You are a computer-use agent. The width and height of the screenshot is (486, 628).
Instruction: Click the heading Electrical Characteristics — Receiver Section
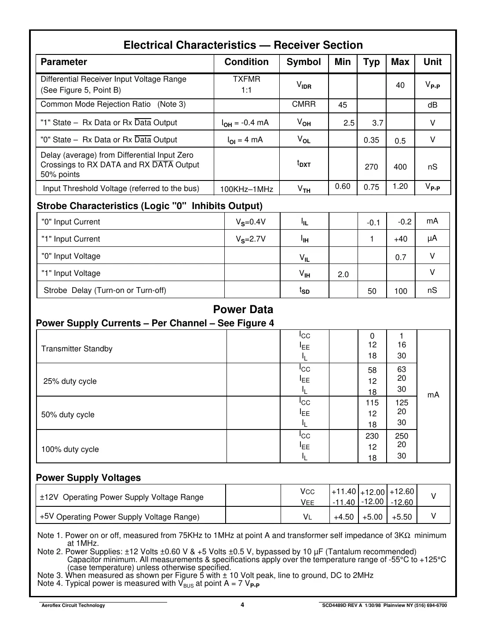[243, 45]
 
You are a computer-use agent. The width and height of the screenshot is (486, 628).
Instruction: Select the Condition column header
[246, 62]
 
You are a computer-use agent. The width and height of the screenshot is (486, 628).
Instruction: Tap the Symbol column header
[303, 62]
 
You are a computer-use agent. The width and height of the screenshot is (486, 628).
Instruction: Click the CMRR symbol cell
[303, 105]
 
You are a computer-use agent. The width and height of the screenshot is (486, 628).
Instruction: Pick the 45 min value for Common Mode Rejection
[343, 105]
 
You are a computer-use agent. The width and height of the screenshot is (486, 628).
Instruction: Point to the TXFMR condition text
[246, 79]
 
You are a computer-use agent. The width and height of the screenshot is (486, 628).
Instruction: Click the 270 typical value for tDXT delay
[371, 167]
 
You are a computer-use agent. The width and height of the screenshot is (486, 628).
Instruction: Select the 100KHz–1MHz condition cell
[246, 189]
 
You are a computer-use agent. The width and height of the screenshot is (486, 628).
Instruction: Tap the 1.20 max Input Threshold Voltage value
[400, 187]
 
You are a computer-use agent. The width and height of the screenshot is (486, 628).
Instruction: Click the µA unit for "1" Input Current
[432, 238]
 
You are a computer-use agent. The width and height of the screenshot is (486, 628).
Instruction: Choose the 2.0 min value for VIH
[343, 274]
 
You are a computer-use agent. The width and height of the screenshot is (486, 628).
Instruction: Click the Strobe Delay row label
[105, 290]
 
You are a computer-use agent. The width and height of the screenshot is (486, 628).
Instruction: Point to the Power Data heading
[243, 310]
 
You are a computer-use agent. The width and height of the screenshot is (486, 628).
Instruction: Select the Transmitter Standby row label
[77, 349]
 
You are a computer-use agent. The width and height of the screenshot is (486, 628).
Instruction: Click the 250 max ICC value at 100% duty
[401, 436]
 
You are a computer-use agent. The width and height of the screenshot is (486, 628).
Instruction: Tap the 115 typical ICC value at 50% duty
[372, 403]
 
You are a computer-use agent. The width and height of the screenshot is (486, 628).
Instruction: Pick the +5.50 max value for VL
[402, 517]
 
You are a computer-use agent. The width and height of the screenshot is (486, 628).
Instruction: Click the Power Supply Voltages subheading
[88, 478]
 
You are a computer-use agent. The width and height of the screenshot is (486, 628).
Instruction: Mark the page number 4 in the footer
[242, 605]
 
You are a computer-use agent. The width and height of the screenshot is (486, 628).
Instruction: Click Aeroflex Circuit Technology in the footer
[73, 605]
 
